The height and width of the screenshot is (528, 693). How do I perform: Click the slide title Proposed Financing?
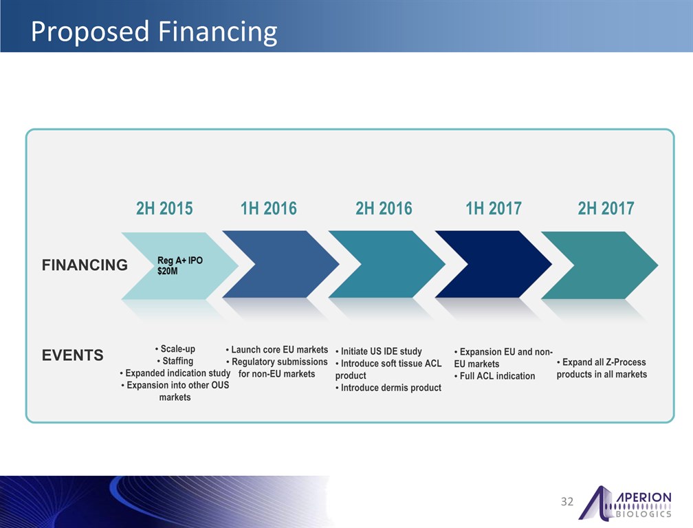(154, 32)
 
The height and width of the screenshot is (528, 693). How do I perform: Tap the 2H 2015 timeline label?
(164, 208)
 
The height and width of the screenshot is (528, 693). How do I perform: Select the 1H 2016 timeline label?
(268, 208)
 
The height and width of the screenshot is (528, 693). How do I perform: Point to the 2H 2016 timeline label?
(384, 208)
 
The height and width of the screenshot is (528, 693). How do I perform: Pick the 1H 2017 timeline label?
(493, 208)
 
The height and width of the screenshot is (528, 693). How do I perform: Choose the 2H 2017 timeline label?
(606, 208)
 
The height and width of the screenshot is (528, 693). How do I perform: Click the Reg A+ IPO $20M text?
(180, 265)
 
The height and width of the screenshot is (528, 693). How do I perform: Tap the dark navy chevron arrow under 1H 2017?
(493, 264)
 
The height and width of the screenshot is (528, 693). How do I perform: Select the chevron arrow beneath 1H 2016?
(280, 264)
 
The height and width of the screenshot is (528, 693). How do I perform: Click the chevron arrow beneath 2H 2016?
(386, 264)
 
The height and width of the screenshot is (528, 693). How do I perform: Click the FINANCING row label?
(85, 265)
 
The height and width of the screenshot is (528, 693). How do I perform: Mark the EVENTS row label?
(72, 355)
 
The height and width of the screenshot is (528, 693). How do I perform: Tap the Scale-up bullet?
(175, 349)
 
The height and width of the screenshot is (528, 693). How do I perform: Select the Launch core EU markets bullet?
(276, 349)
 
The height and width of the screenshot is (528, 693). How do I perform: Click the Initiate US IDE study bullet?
(378, 351)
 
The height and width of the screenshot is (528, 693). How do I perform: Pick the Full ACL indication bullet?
(494, 376)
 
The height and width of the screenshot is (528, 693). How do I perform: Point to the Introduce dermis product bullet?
(388, 388)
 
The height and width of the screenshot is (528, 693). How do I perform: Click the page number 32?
(567, 501)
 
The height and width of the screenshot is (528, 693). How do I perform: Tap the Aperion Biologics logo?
(625, 503)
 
